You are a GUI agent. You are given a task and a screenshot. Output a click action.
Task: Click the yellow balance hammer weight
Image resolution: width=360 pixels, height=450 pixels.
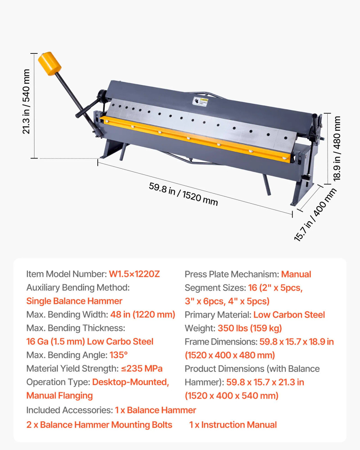click(x=50, y=63)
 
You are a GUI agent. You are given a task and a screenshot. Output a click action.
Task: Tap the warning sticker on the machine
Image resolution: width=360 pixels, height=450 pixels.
click(x=200, y=101)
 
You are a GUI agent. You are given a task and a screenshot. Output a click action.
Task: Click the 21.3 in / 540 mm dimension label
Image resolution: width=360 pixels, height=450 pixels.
click(x=26, y=102)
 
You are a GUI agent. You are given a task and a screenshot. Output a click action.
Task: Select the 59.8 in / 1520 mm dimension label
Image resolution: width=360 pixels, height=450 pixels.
click(x=183, y=194)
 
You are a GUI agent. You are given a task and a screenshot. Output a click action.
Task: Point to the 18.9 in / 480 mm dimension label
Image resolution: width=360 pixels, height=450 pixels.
click(x=336, y=148)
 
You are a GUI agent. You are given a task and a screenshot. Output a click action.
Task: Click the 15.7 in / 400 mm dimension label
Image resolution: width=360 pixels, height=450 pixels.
click(x=315, y=215)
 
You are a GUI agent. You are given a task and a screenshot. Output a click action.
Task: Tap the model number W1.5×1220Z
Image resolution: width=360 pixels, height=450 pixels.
click(x=134, y=274)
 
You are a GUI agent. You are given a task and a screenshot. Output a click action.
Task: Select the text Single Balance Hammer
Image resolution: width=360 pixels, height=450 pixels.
click(x=74, y=301)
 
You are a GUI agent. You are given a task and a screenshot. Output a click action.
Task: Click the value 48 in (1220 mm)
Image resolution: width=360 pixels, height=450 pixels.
click(x=143, y=315)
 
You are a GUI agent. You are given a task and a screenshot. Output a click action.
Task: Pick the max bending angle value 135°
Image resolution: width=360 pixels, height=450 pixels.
click(x=118, y=355)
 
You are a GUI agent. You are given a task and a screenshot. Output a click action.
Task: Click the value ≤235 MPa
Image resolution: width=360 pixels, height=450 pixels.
click(x=142, y=369)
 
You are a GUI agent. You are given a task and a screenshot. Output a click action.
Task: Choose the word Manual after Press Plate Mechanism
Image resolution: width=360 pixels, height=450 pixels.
click(x=296, y=274)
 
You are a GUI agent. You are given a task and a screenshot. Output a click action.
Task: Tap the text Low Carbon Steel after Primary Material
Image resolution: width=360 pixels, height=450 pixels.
click(x=289, y=315)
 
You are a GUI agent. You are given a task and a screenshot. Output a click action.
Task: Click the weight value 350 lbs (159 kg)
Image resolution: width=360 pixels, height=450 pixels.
click(x=250, y=328)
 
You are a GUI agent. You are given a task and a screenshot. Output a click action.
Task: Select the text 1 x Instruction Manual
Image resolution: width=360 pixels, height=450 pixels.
click(x=233, y=425)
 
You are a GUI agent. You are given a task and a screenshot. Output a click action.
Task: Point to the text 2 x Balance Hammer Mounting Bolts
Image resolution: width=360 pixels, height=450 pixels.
click(x=99, y=425)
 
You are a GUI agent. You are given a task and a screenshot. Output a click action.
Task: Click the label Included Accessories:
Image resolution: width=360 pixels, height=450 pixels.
click(x=70, y=410)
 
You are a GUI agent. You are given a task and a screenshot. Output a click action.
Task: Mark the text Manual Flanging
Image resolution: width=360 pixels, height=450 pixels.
click(x=59, y=396)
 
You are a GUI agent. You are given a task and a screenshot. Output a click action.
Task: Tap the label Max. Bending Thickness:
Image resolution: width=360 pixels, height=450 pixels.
click(x=76, y=328)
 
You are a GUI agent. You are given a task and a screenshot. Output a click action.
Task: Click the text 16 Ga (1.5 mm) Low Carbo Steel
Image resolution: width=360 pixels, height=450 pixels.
click(x=90, y=342)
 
